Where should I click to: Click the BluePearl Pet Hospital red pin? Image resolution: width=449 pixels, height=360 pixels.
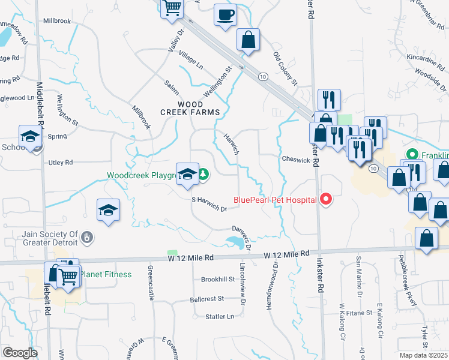tap(327, 199)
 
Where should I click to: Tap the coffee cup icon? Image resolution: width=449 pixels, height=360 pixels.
tap(225, 14)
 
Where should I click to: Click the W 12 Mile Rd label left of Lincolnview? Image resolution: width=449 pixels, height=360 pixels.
tap(191, 257)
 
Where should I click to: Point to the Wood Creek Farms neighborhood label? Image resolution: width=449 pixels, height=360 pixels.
tap(190, 108)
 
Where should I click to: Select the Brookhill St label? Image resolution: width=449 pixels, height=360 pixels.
tap(218, 280)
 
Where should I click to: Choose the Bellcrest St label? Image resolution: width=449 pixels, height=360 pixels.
tap(206, 298)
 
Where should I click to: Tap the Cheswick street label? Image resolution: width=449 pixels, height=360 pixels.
tap(295, 160)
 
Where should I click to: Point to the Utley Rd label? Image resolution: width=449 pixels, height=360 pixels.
tap(60, 163)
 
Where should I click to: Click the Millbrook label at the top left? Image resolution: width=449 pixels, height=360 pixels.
tap(57, 20)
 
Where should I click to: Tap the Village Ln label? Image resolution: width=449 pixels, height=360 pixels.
tap(191, 60)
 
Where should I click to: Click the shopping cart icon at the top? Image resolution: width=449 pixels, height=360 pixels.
tap(172, 8)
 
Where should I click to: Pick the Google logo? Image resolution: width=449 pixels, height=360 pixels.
tap(19, 353)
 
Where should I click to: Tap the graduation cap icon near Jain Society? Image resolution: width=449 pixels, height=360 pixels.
tap(108, 210)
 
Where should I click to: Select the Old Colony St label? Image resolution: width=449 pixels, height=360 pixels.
tap(285, 68)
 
